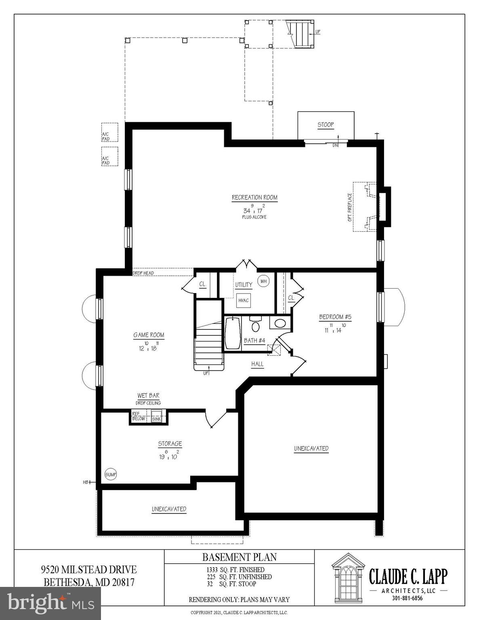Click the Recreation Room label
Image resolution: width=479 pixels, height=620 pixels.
tap(254, 197)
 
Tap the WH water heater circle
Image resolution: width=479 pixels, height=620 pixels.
tap(264, 281)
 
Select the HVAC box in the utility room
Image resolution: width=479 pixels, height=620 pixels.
tap(244, 300)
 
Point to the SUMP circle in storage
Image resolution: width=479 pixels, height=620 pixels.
tap(111, 474)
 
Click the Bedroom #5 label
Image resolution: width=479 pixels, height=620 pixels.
tap(335, 317)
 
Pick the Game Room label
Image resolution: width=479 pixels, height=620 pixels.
tap(149, 335)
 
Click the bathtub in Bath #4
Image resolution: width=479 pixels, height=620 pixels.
tap(232, 333)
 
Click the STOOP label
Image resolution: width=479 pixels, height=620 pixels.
tap(326, 125)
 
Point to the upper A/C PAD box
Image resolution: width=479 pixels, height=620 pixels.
tap(109, 132)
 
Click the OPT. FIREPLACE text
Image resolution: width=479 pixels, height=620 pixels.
tap(350, 207)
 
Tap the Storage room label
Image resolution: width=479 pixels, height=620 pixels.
tap(170, 444)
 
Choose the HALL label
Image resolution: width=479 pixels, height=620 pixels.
tap(257, 364)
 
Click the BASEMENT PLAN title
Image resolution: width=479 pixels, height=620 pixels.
tap(239, 557)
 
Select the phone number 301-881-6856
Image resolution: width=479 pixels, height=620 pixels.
tap(407, 598)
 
